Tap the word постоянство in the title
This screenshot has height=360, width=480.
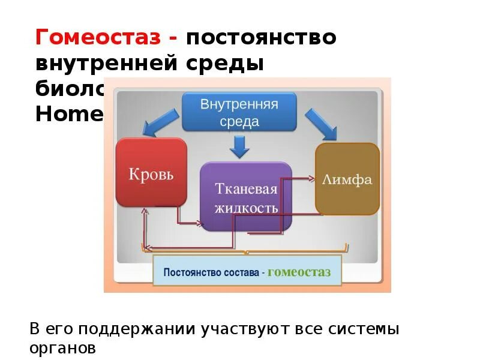click(x=261, y=37)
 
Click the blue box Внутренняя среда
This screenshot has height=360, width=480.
click(x=239, y=112)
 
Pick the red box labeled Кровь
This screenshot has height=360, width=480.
click(x=151, y=173)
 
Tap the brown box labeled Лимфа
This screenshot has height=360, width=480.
click(x=347, y=179)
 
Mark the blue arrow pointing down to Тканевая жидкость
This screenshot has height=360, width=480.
click(x=241, y=146)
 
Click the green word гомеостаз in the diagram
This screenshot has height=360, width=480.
click(x=299, y=272)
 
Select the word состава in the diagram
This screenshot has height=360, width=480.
click(x=241, y=273)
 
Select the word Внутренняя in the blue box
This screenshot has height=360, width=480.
click(x=239, y=104)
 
